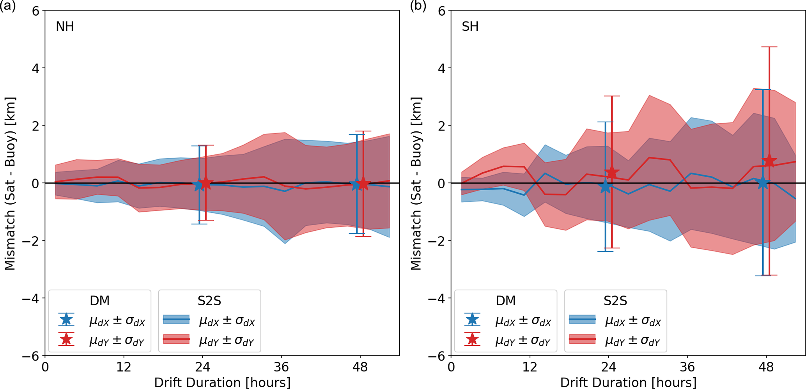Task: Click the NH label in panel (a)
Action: click(65, 27)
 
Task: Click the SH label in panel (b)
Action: click(470, 27)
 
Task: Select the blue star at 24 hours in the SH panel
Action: click(605, 187)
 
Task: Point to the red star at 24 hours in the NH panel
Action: click(205, 183)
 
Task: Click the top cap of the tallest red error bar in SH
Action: click(769, 47)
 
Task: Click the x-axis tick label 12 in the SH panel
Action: click(530, 367)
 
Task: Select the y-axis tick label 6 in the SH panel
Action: click(441, 11)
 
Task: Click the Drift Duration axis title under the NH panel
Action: click(222, 382)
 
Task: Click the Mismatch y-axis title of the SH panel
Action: click(416, 183)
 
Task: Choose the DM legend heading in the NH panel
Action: click(99, 301)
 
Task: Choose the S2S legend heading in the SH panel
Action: click(615, 301)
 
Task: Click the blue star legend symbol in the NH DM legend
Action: click(66, 320)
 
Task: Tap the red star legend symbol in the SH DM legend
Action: click(472, 339)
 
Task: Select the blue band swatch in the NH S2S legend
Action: click(176, 320)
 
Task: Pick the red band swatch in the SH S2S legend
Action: click(582, 339)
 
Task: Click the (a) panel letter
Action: click(8, 6)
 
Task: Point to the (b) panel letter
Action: click(418, 6)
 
